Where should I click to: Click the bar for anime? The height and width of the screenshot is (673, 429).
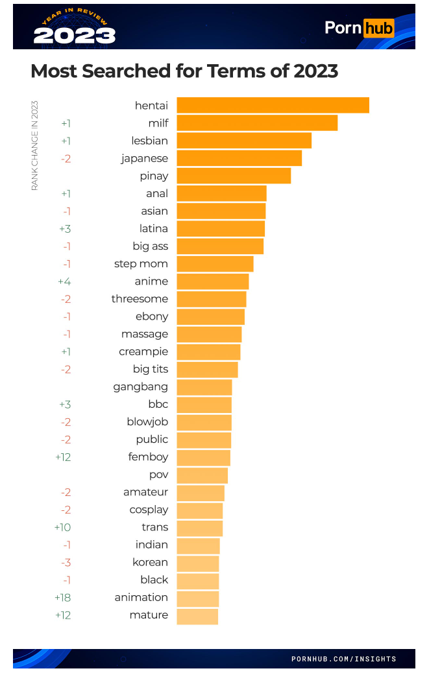pyautogui.click(x=213, y=281)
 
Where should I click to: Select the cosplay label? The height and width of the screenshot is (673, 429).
pyautogui.click(x=149, y=510)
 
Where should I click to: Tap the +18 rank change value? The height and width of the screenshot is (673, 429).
pyautogui.click(x=63, y=597)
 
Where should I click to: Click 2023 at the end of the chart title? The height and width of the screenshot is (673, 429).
pyautogui.click(x=315, y=71)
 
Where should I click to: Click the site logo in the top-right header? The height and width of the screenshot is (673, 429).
pyautogui.click(x=359, y=28)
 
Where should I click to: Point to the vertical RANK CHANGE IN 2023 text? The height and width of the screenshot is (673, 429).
pyautogui.click(x=35, y=145)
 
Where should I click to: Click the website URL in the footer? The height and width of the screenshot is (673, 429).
pyautogui.click(x=343, y=659)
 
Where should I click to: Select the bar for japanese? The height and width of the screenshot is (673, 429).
pyautogui.click(x=239, y=158)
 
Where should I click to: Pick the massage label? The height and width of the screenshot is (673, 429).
pyautogui.click(x=145, y=334)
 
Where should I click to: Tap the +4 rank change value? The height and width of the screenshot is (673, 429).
pyautogui.click(x=64, y=281)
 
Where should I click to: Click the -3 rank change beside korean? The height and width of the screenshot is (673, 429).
pyautogui.click(x=66, y=562)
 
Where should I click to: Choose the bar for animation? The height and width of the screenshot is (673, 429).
pyautogui.click(x=197, y=598)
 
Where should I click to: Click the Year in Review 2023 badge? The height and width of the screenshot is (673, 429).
pyautogui.click(x=74, y=27)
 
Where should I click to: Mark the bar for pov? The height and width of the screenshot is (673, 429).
pyautogui.click(x=202, y=475)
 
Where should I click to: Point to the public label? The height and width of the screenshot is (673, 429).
pyautogui.click(x=152, y=440)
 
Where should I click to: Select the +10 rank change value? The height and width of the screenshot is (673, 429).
pyautogui.click(x=63, y=527)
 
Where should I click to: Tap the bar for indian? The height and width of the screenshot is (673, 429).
pyautogui.click(x=198, y=545)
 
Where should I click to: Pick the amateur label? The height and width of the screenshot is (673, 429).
pyautogui.click(x=145, y=492)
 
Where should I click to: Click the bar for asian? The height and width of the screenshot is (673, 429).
pyautogui.click(x=221, y=211)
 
